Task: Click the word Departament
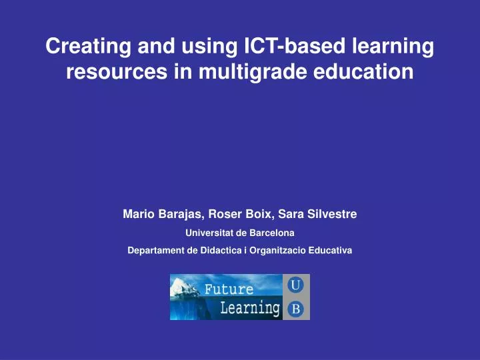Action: (x=156, y=251)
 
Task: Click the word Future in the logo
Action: (x=229, y=289)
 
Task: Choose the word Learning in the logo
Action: (x=249, y=307)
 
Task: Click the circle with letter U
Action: (x=296, y=285)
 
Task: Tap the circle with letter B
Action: (x=296, y=309)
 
